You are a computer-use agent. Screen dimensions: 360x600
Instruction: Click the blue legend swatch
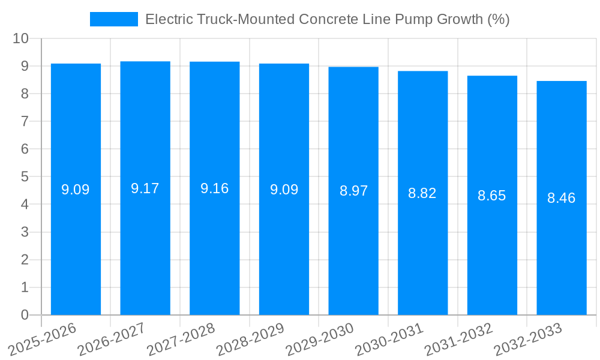pyautogui.click(x=114, y=19)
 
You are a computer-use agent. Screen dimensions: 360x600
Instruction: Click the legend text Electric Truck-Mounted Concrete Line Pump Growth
pyautogui.click(x=327, y=19)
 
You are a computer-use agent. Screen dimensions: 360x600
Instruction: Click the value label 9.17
pyautogui.click(x=145, y=188)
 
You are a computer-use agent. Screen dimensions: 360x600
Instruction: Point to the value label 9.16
pyautogui.click(x=214, y=188)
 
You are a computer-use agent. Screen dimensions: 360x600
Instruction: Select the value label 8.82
pyautogui.click(x=422, y=193)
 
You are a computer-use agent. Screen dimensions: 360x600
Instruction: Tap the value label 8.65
pyautogui.click(x=492, y=196)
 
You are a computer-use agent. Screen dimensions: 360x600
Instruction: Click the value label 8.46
pyautogui.click(x=562, y=198)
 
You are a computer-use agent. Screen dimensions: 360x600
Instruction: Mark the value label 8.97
pyautogui.click(x=353, y=191)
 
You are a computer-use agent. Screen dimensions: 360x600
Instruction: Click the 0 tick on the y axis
pyautogui.click(x=25, y=315)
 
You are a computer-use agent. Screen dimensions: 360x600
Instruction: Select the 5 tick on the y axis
pyautogui.click(x=25, y=177)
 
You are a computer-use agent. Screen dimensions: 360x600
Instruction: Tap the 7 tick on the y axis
pyautogui.click(x=25, y=121)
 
